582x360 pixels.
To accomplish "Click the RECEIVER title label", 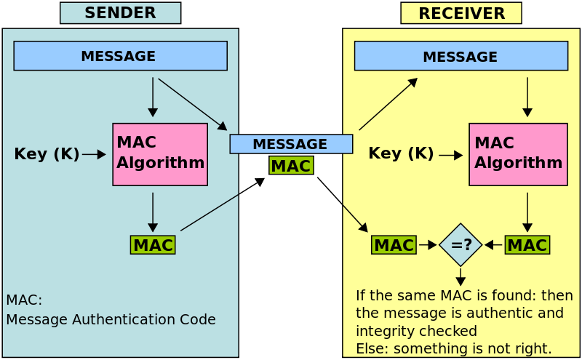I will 461,13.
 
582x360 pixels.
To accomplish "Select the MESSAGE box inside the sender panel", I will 120,56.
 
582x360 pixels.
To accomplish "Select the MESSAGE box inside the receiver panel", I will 461,56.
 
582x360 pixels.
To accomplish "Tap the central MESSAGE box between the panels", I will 291,144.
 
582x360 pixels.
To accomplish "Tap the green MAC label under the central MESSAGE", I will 291,166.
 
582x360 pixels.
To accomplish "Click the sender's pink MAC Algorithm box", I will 160,154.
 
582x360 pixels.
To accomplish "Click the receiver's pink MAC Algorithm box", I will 518,154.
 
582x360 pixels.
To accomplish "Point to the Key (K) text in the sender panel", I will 47,154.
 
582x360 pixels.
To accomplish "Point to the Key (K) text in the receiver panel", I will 401,153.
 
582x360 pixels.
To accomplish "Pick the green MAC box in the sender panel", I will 153,245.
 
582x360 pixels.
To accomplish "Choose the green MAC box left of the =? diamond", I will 394,245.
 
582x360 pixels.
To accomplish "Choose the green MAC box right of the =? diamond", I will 527,245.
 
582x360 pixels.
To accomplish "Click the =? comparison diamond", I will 461,245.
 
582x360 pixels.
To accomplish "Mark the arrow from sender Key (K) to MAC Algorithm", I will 95,154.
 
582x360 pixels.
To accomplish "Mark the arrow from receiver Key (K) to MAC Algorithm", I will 451,155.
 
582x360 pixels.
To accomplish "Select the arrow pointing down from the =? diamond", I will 461,276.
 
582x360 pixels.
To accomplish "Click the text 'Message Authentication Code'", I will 111,319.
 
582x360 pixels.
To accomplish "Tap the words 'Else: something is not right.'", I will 453,348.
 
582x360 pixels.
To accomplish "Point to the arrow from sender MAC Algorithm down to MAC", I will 153,212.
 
